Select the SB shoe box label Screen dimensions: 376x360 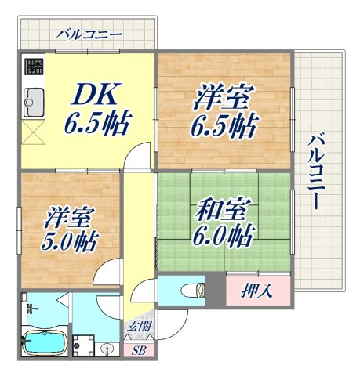(x=138, y=349)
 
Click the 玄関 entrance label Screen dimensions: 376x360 (x=138, y=328)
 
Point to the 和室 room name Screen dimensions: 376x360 (x=224, y=210)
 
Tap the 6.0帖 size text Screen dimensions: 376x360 (x=225, y=234)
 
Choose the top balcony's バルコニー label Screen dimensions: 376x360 (x=89, y=34)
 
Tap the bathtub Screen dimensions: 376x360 (x=44, y=342)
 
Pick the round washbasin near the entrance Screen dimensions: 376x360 (x=107, y=349)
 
